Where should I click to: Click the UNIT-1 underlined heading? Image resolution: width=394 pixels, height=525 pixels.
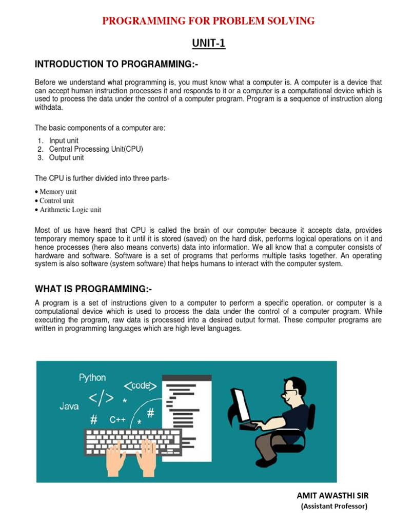(209, 44)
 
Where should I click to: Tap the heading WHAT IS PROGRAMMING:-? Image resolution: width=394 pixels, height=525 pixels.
(93, 289)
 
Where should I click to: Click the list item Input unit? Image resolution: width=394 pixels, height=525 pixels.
(64, 140)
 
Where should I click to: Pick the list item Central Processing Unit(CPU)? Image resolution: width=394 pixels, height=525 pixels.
(96, 149)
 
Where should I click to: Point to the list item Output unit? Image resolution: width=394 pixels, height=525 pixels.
(66, 157)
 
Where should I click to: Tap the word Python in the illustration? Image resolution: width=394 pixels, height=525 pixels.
(92, 378)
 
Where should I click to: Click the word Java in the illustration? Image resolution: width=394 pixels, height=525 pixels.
(69, 407)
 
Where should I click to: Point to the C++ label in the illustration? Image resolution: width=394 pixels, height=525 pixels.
(117, 419)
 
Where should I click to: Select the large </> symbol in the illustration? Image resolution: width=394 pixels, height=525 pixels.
(102, 399)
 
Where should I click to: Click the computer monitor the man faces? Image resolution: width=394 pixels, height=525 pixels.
(241, 405)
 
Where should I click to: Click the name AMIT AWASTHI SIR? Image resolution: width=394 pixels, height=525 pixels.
(332, 495)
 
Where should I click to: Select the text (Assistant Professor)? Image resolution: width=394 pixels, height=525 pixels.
(334, 506)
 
